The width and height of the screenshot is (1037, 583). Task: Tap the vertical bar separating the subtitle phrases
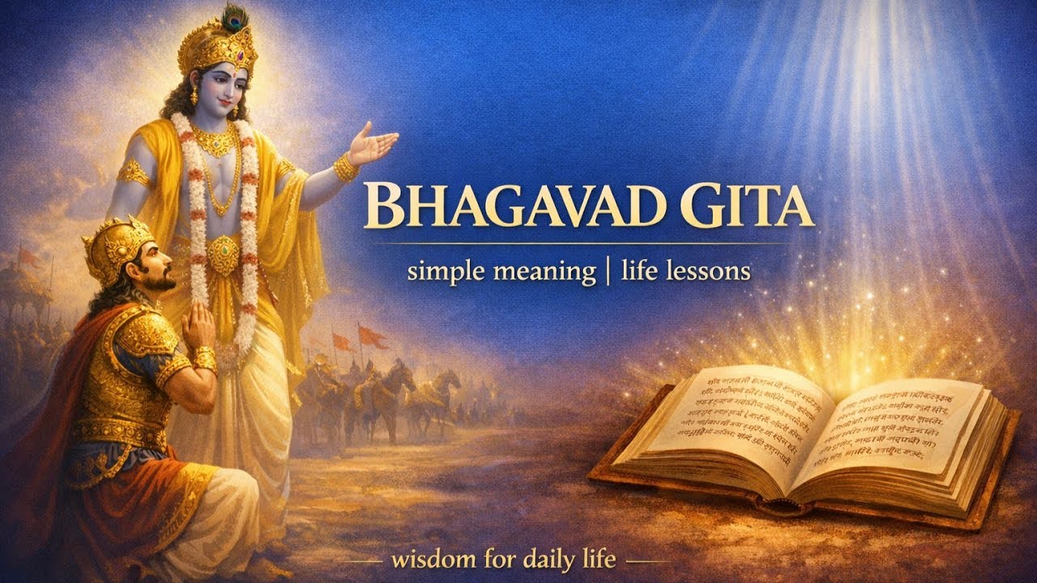pos(607,270)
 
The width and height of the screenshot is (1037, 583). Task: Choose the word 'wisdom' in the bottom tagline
pos(430,559)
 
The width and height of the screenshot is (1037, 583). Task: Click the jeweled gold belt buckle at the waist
pos(224,255)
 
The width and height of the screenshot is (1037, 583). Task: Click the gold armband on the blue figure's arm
pos(133,172)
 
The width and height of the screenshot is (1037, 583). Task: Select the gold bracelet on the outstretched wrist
pos(346,168)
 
